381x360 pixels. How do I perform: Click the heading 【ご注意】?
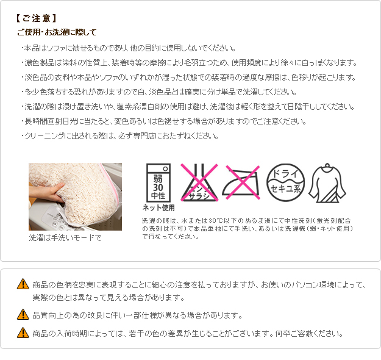pyautogui.click(x=36, y=18)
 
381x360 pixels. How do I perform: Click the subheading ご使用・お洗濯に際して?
pyautogui.click(x=57, y=32)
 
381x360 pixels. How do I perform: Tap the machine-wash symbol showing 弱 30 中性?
pyautogui.click(x=158, y=182)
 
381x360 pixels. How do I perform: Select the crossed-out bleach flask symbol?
pyautogui.click(x=199, y=182)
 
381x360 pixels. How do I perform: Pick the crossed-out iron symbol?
pyautogui.click(x=241, y=182)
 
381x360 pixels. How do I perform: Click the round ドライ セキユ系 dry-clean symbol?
pyautogui.click(x=285, y=182)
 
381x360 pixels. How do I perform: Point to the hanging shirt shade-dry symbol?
pyautogui.click(x=327, y=183)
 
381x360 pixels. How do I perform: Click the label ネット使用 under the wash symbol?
pyautogui.click(x=158, y=207)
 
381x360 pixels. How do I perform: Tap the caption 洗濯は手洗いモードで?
pyautogui.click(x=65, y=237)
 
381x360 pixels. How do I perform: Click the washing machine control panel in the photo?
pyautogui.click(x=55, y=218)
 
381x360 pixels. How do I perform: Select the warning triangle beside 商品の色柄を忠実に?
pyautogui.click(x=23, y=284)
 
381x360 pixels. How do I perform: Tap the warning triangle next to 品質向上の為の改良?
pyautogui.click(x=23, y=314)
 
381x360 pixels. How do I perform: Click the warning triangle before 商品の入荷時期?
pyautogui.click(x=23, y=333)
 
